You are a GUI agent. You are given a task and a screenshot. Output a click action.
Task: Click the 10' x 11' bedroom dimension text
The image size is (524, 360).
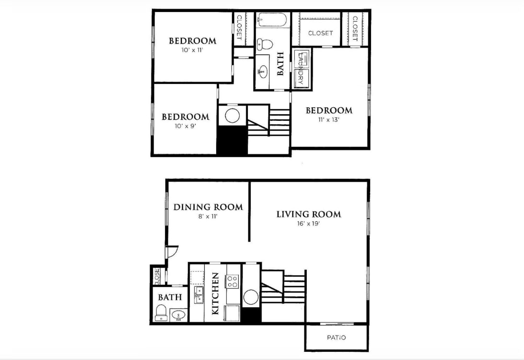(192, 50)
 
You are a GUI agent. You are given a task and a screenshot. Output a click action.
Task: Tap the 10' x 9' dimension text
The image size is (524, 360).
(185, 126)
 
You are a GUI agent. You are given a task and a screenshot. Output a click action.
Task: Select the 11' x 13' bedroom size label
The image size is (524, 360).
(329, 120)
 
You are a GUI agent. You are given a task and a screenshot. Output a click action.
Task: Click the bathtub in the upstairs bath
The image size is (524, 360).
(272, 21)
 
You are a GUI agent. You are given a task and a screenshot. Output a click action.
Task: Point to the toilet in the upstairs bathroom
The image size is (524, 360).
(265, 45)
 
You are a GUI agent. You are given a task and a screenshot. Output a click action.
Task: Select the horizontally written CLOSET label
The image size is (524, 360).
(320, 33)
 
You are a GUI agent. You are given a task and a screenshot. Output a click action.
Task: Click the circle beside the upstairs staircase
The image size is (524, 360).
(233, 116)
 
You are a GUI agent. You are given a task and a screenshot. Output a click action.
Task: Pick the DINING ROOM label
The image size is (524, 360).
(208, 207)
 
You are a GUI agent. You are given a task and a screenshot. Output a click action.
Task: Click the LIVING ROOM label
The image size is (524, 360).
(308, 214)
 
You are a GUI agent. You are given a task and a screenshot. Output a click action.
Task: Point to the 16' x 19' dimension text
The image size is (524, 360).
(308, 223)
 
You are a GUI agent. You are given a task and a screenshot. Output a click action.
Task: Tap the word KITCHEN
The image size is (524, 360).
(215, 293)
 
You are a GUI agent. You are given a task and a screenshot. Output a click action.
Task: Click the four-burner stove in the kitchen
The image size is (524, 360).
(233, 281)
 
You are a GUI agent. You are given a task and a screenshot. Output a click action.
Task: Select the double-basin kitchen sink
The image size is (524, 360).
(198, 295)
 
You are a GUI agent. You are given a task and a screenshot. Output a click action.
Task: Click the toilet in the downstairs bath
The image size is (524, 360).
(161, 314)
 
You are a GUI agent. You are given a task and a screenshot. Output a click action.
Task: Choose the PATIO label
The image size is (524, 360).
(336, 337)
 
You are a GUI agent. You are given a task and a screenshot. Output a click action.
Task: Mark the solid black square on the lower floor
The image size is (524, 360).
(251, 314)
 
